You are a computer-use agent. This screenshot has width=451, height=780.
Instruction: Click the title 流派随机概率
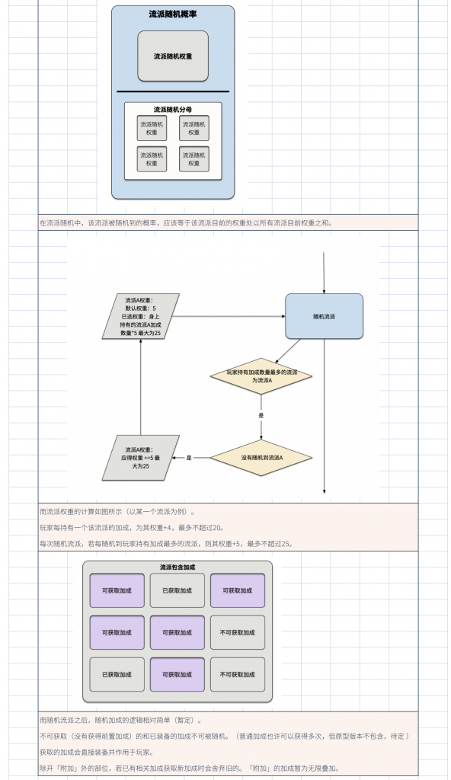(x=173, y=14)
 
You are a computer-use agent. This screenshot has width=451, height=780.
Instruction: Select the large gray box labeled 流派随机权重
(x=173, y=56)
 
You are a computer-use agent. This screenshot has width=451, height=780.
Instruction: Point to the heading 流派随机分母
(x=173, y=110)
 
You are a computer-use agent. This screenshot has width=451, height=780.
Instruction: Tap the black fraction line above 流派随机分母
(x=173, y=91)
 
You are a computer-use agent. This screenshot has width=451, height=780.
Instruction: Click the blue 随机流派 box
(x=324, y=316)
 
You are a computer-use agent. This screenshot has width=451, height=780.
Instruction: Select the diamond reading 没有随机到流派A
(x=261, y=458)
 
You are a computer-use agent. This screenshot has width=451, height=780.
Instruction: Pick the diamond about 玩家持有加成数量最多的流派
(x=261, y=376)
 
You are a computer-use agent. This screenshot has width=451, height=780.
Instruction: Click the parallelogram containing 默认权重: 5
(x=141, y=316)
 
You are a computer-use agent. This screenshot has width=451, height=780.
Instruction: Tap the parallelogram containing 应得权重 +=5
(x=141, y=458)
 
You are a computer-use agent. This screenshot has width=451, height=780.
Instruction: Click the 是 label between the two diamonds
(x=261, y=415)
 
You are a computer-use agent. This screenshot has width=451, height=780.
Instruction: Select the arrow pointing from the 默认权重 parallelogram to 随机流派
(x=229, y=316)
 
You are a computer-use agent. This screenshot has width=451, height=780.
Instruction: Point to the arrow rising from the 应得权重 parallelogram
(x=141, y=387)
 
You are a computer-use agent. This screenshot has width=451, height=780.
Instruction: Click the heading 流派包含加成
(x=178, y=567)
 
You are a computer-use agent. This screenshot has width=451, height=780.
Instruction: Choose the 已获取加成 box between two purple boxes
(x=178, y=590)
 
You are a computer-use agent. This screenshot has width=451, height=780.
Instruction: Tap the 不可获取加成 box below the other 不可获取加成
(x=238, y=675)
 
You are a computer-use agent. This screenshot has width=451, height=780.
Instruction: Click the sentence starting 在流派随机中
(x=186, y=223)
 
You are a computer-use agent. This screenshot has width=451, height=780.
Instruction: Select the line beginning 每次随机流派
(x=166, y=544)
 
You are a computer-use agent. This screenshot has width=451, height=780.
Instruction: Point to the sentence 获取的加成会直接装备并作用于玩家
(x=97, y=753)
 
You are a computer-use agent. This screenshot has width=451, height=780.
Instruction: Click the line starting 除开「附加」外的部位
(x=190, y=769)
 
